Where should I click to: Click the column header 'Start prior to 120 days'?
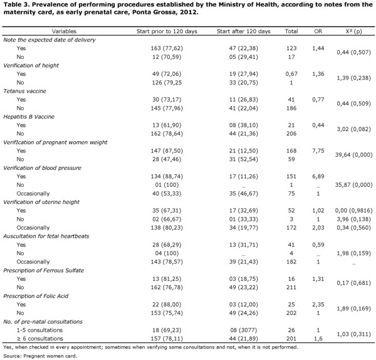[x=167, y=31]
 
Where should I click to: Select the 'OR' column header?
[x=318, y=31]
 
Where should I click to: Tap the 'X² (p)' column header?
[x=353, y=31]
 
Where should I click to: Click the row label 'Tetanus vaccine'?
[x=24, y=91]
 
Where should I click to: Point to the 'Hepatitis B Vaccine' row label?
[x=29, y=117]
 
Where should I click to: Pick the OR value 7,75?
[x=318, y=151]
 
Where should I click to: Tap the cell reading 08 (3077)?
[x=243, y=330]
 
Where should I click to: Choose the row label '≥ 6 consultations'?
[x=40, y=339]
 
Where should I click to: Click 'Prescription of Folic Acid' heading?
[x=36, y=296]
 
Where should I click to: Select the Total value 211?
[x=291, y=287]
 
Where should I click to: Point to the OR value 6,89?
[x=318, y=176]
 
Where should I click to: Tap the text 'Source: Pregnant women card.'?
[x=40, y=356]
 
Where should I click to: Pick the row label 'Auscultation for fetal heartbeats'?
[x=46, y=236]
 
